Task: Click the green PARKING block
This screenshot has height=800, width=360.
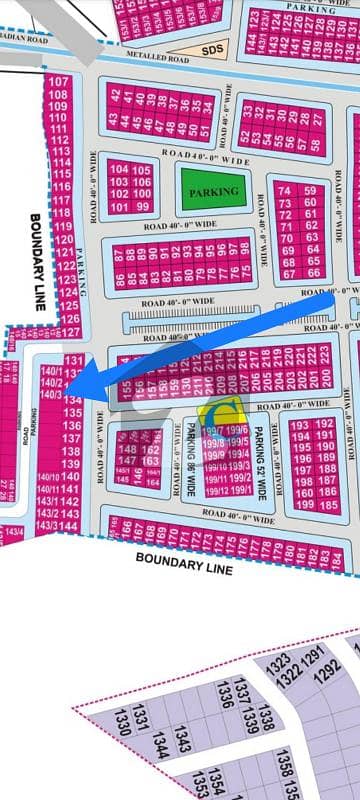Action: tap(215, 190)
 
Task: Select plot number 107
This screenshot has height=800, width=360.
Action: tap(59, 82)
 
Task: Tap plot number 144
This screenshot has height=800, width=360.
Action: tap(69, 526)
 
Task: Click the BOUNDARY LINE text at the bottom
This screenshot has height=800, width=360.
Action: tap(184, 564)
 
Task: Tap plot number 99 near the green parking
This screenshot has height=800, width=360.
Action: tap(140, 207)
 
